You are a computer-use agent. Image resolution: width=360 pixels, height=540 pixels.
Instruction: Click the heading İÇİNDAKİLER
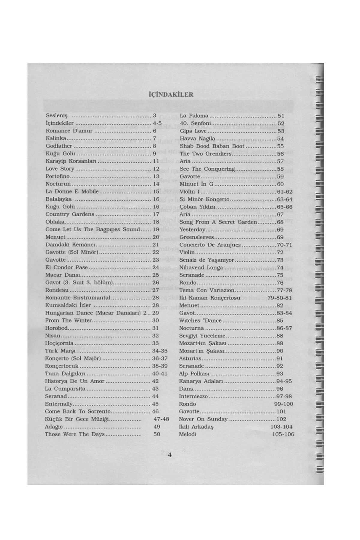pyautogui.click(x=171, y=95)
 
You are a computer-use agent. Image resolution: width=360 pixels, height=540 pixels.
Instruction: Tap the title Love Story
pyautogui.click(x=60, y=169)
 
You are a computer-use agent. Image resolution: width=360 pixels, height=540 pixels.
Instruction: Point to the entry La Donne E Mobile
pyautogui.click(x=72, y=191)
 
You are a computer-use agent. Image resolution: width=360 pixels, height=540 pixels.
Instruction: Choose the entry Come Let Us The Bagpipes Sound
pyautogui.click(x=93, y=229)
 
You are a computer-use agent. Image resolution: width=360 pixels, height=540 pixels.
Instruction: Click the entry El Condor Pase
pyautogui.click(x=67, y=267)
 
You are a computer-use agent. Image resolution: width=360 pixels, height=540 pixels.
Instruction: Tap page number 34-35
pyautogui.click(x=160, y=351)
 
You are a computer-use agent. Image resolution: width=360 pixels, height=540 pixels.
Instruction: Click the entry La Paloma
pyautogui.click(x=194, y=116)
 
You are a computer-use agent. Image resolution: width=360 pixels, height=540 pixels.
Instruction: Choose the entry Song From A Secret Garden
pyautogui.click(x=218, y=222)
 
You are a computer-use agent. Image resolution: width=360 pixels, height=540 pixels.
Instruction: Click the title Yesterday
pyautogui.click(x=192, y=229)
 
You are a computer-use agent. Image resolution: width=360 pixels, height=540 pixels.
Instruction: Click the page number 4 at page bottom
pyautogui.click(x=169, y=455)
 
